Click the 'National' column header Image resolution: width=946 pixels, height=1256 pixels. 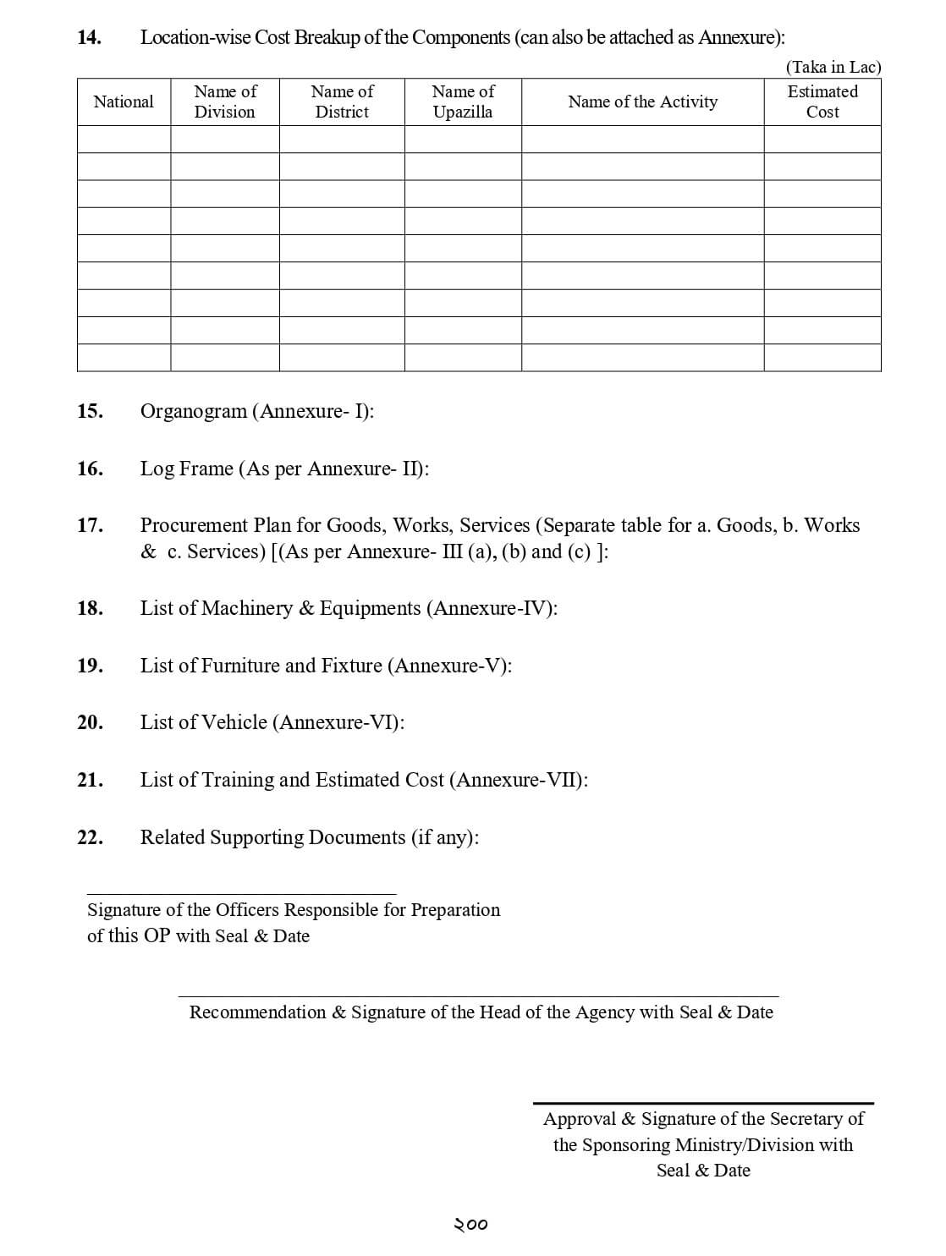pos(124,101)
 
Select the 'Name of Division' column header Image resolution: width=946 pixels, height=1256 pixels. pos(225,101)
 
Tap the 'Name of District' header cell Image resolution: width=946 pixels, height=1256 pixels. pos(342,101)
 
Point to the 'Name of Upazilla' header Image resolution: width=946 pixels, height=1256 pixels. pos(463,101)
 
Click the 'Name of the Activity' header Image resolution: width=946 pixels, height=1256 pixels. pos(642,101)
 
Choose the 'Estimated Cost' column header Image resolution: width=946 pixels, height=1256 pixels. pos(822,101)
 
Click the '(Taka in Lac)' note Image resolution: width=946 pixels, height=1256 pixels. pos(833,67)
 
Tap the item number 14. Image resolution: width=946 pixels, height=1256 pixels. pos(89,37)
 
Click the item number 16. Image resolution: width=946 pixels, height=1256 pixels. pos(89,469)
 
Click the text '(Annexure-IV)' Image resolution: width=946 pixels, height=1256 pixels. pos(494,608)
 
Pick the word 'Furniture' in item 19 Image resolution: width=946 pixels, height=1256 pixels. pos(240,666)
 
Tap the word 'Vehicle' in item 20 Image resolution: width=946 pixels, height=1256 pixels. pos(234,722)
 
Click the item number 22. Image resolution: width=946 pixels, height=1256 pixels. pos(89,837)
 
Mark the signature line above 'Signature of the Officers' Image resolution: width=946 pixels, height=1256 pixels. pos(241,894)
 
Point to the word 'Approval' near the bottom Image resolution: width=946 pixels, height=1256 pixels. pos(580,1119)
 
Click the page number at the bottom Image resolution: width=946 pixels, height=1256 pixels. pos(471,1225)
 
